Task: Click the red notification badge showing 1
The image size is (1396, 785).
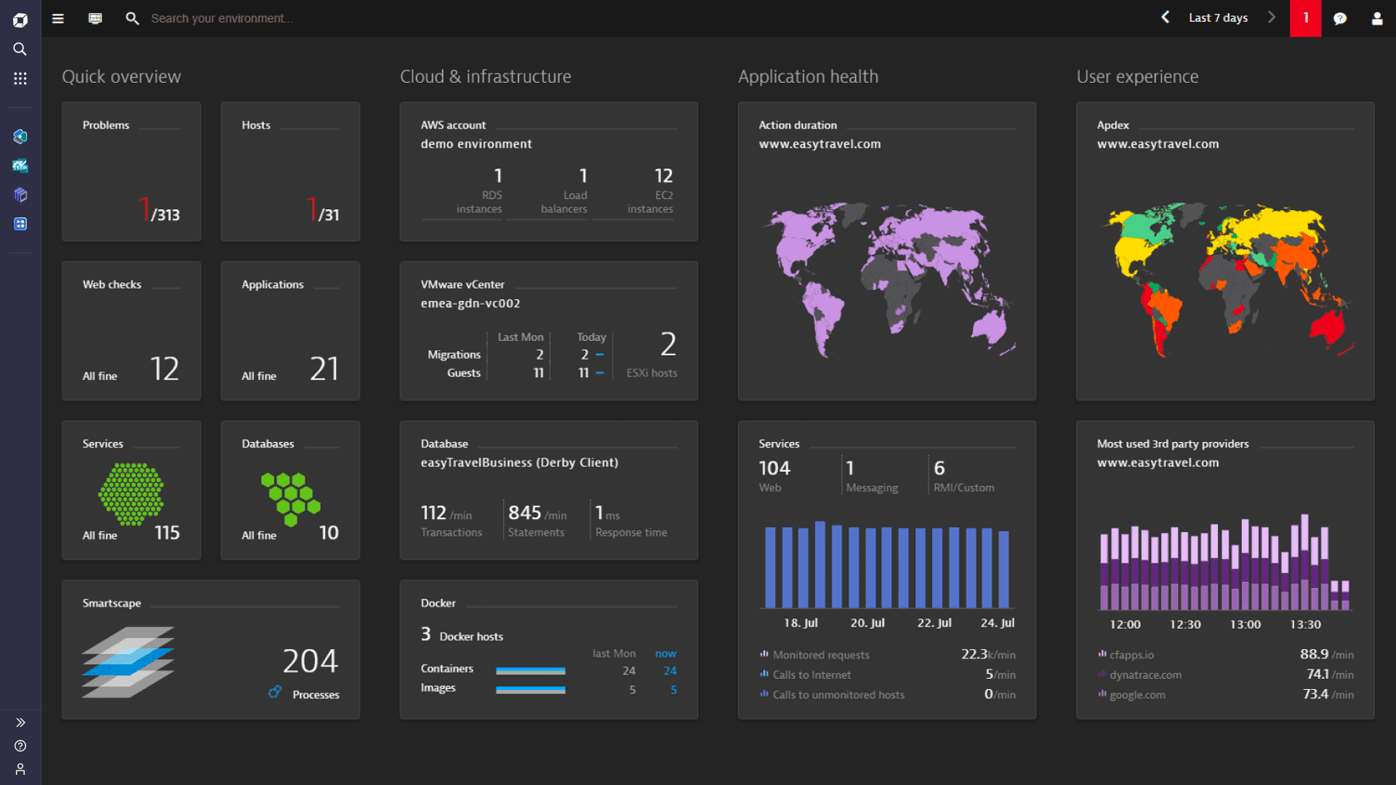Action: pos(1305,18)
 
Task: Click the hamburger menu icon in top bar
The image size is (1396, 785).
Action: pos(58,19)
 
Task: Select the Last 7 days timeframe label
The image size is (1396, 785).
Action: pos(1218,18)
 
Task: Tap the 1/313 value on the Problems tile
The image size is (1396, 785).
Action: pos(160,212)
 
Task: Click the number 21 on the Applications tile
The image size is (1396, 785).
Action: pos(324,369)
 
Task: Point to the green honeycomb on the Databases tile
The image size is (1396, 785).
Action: pos(290,499)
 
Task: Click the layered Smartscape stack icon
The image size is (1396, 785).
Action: pos(128,662)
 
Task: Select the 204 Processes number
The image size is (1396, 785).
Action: pos(310,661)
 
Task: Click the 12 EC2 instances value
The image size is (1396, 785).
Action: pos(663,177)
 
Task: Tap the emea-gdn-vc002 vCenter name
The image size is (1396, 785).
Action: pos(470,304)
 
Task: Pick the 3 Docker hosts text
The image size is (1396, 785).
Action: pos(462,635)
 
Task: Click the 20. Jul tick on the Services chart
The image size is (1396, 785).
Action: pos(867,623)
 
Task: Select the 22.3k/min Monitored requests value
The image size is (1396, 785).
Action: pos(987,655)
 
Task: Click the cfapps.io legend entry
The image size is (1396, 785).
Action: pos(1131,655)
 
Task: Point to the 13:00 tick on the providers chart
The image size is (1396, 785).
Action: pos(1245,624)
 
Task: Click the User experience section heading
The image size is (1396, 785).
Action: pos(1137,77)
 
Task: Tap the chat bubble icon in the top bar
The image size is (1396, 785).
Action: pos(1340,19)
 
